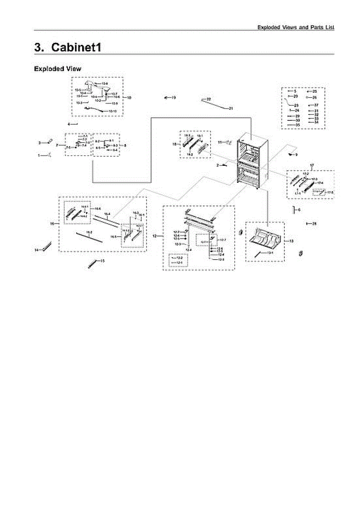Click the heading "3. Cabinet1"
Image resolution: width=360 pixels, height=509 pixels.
(68, 47)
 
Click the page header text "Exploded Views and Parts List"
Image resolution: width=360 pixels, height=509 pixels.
(296, 27)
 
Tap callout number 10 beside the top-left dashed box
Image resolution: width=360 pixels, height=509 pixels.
(129, 98)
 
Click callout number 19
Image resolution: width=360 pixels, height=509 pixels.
(174, 98)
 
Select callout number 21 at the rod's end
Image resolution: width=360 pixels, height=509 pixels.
(231, 109)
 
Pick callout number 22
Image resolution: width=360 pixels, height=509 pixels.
(209, 99)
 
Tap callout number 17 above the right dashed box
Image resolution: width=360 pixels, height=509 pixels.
(312, 165)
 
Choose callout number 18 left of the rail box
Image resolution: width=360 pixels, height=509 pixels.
(174, 145)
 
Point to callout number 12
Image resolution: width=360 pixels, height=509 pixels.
(155, 235)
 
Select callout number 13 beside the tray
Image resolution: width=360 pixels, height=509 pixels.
(291, 241)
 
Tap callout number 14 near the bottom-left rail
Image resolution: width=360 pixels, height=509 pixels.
(36, 250)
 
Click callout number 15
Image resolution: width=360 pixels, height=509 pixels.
(102, 261)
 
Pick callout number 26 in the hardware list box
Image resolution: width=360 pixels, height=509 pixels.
(315, 97)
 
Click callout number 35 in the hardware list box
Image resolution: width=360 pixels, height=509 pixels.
(298, 125)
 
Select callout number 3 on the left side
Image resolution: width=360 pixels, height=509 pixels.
(39, 143)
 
